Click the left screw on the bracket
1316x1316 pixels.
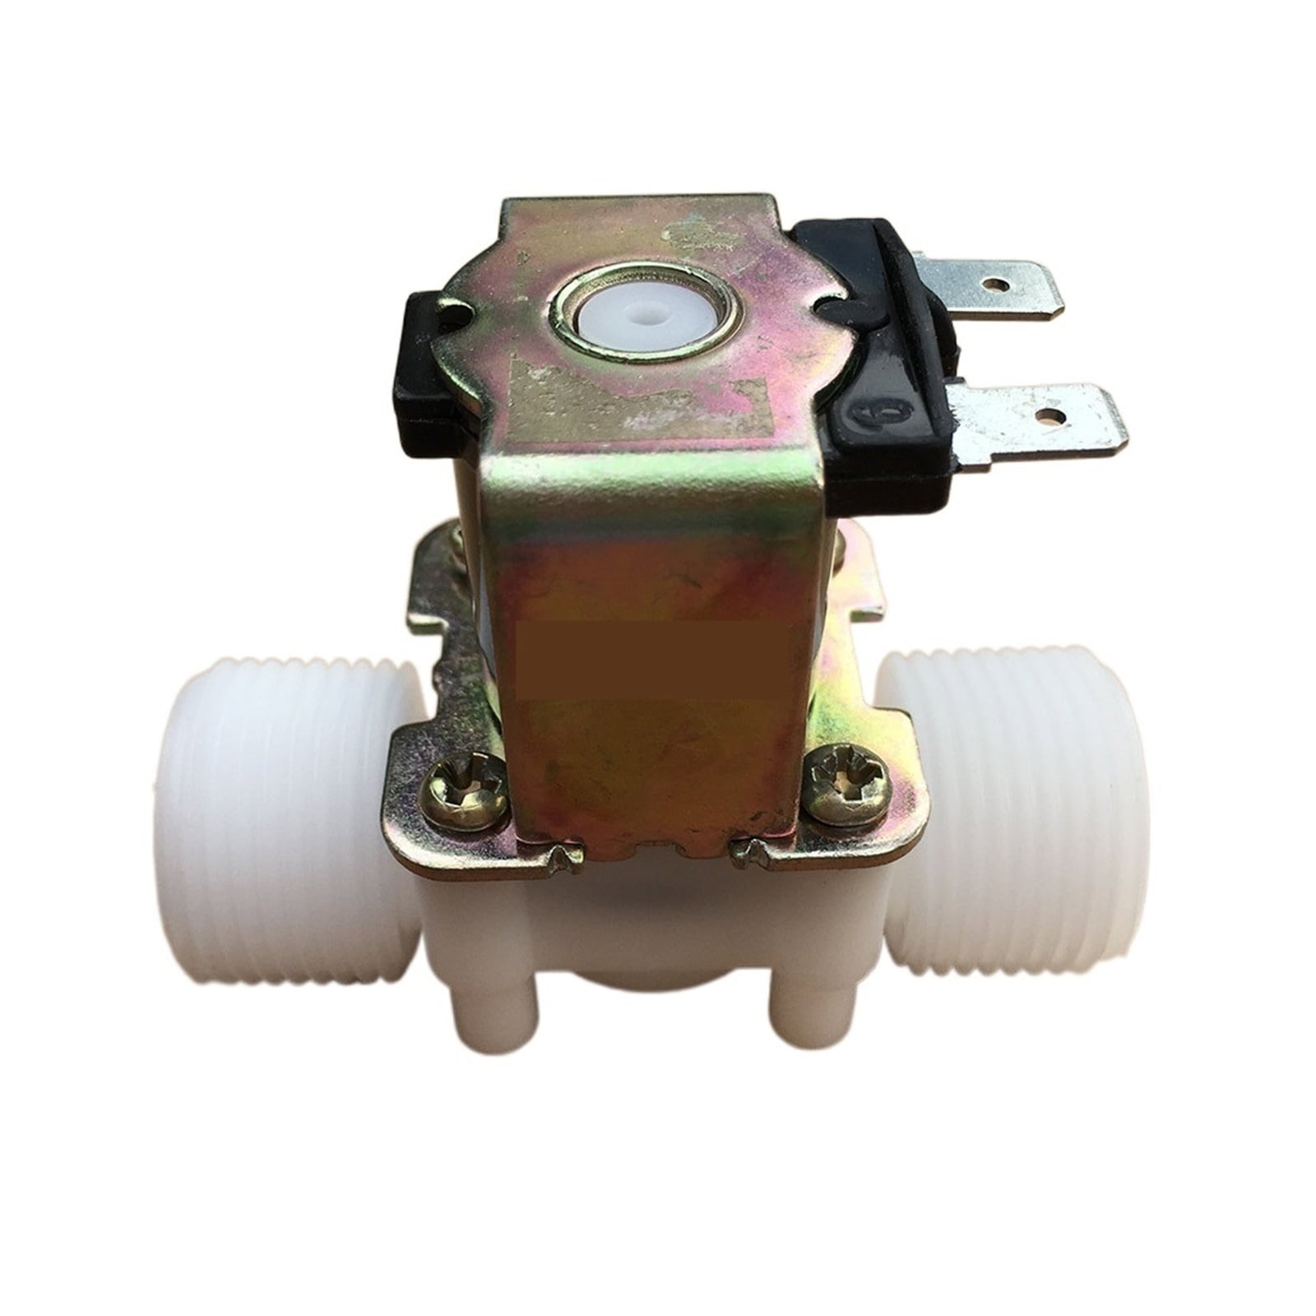[463, 791]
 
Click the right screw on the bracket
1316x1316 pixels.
[847, 782]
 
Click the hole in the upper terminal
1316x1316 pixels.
[998, 284]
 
